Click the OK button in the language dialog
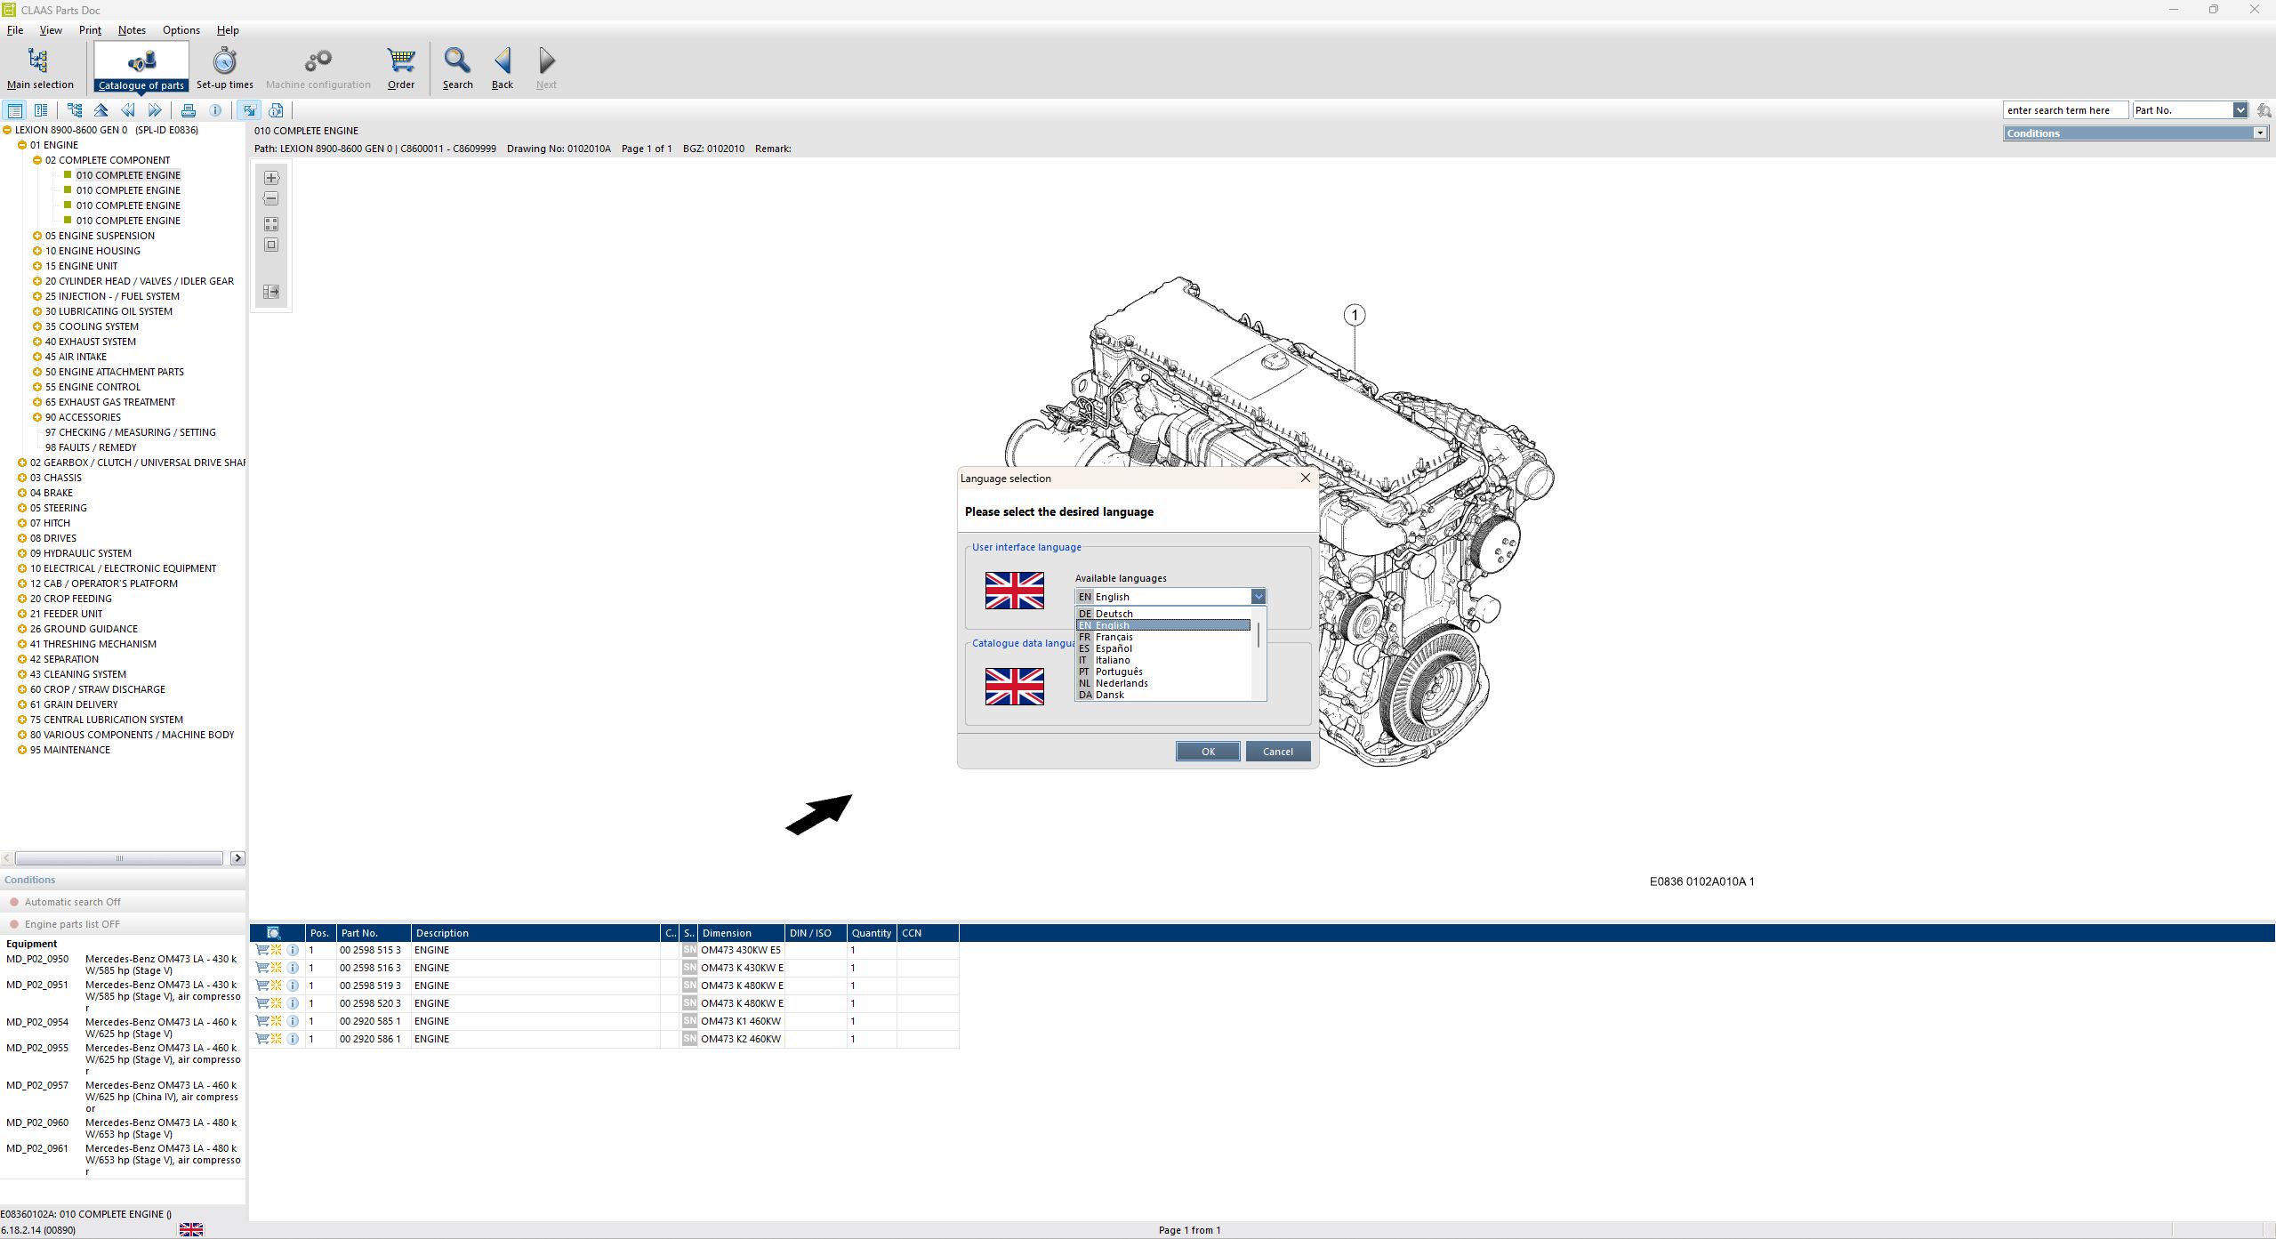pyautogui.click(x=1207, y=752)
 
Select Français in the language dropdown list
pyautogui.click(x=1114, y=637)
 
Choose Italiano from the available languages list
pyautogui.click(x=1113, y=660)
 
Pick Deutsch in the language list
pyautogui.click(x=1114, y=614)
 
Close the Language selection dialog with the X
pyautogui.click(x=1305, y=478)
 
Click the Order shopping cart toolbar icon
pyautogui.click(x=401, y=68)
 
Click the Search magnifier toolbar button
pyautogui.click(x=457, y=68)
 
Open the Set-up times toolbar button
pyautogui.click(x=224, y=68)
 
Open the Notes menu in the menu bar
pyautogui.click(x=132, y=30)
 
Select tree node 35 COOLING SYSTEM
pyautogui.click(x=92, y=326)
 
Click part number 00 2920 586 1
pyautogui.click(x=370, y=1039)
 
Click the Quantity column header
pyautogui.click(x=871, y=933)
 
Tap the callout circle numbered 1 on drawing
pyautogui.click(x=1354, y=315)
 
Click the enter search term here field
pyautogui.click(x=2064, y=110)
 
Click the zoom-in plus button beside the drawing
pyautogui.click(x=271, y=178)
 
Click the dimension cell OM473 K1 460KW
pyautogui.click(x=741, y=1021)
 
